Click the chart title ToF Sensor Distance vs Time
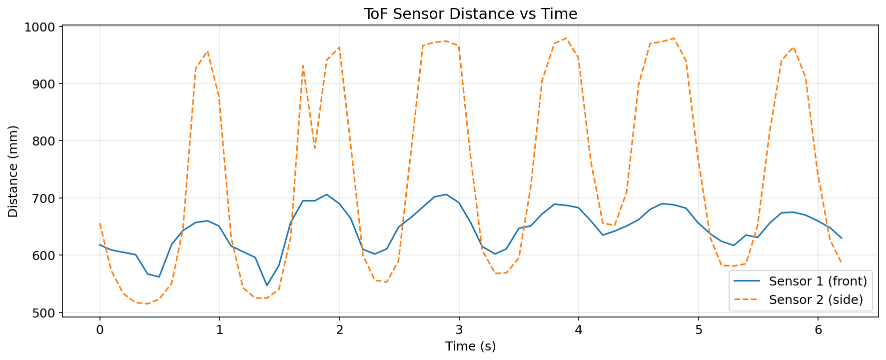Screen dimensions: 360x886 tap(470, 13)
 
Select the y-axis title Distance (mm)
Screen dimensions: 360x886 tap(13, 171)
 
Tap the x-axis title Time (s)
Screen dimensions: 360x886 tap(470, 346)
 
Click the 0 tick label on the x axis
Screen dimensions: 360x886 tap(99, 329)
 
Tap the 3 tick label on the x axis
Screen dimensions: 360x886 tap(459, 329)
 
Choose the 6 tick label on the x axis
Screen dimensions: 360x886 tap(818, 329)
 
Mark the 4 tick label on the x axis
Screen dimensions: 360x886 tap(579, 329)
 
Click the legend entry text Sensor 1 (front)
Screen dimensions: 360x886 tap(818, 281)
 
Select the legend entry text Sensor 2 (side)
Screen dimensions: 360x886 tap(816, 299)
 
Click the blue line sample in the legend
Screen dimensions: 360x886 tap(747, 281)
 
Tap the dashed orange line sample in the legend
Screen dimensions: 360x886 tap(747, 299)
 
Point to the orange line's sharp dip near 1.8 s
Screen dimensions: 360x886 tap(315, 148)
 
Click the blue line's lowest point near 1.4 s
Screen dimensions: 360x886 tap(267, 285)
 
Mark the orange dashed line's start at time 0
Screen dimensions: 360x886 tap(100, 223)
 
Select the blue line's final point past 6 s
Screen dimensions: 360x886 tap(842, 238)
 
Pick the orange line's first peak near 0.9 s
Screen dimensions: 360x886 tap(207, 51)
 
